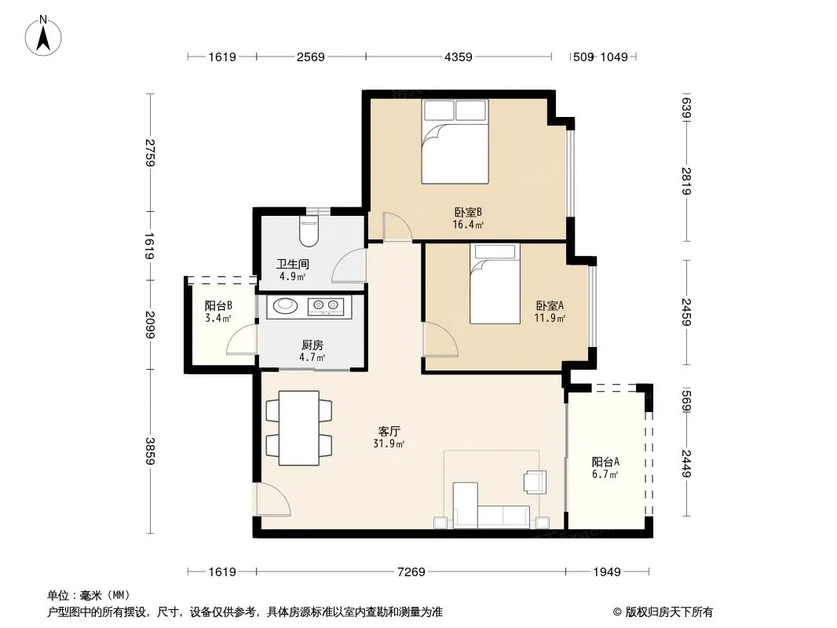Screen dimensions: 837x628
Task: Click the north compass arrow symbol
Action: point(43,36)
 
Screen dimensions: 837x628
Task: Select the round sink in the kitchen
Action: point(286,305)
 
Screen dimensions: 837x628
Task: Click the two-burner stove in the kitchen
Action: point(326,305)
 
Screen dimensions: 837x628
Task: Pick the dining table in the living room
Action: point(299,428)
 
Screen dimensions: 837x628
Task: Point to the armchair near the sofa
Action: point(535,482)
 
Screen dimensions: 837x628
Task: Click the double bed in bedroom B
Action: point(455,141)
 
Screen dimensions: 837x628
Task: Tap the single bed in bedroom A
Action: point(495,284)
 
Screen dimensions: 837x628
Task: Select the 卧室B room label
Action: point(468,213)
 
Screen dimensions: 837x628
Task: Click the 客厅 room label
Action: point(389,431)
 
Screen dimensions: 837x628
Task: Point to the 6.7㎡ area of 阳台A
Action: point(605,474)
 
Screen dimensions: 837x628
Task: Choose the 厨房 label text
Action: point(313,345)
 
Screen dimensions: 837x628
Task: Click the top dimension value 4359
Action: point(458,57)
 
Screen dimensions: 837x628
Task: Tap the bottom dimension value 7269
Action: point(411,572)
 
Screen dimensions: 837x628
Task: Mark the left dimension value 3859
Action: point(150,451)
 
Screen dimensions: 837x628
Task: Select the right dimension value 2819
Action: point(686,181)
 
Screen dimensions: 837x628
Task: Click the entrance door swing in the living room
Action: point(273,499)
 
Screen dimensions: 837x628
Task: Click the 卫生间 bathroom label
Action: point(293,264)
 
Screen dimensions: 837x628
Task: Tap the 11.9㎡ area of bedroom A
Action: point(550,318)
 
